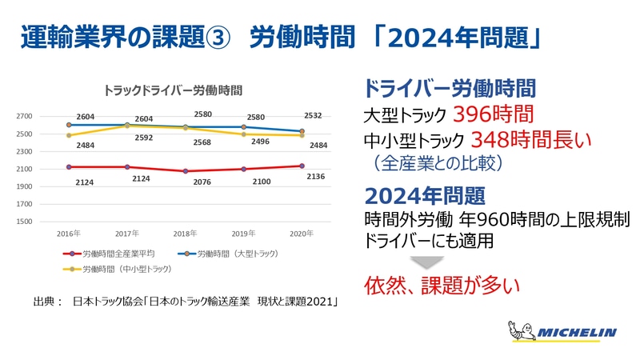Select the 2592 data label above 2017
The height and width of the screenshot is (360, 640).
(145, 137)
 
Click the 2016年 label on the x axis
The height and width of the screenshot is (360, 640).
(70, 234)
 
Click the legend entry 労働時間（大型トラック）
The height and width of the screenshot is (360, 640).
(236, 254)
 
